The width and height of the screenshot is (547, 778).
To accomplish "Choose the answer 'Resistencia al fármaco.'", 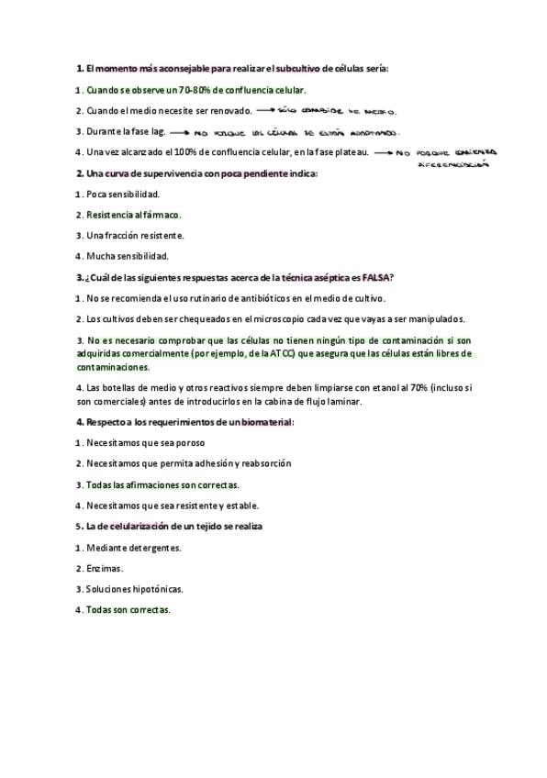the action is [134, 215].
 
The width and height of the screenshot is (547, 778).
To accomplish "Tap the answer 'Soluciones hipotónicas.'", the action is [134, 589].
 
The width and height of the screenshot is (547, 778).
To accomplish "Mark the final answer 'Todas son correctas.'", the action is [128, 609].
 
